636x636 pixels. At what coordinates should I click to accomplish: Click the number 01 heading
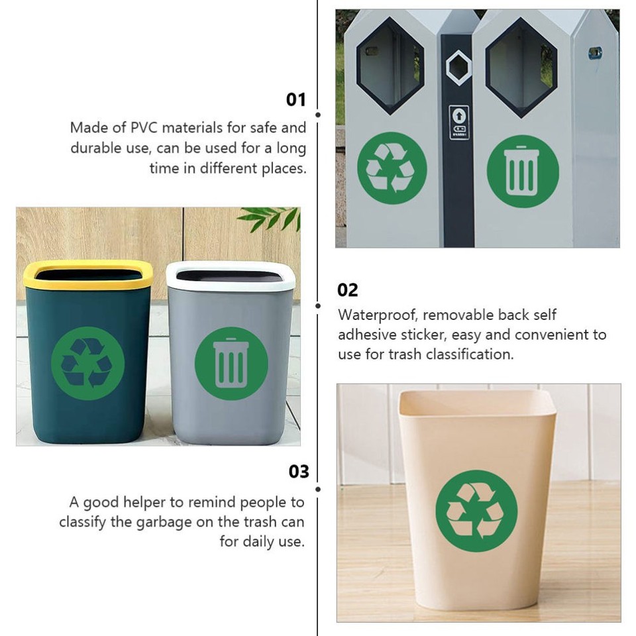point(296,100)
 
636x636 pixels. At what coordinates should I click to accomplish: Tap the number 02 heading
point(348,290)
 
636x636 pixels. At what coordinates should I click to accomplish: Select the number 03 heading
point(299,472)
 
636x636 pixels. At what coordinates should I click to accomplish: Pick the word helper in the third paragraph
point(160,503)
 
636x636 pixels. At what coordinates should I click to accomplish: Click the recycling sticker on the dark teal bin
point(87,362)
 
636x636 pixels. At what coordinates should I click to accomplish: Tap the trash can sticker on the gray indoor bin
point(231,363)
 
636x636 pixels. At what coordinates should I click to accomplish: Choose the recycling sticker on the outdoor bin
point(392,168)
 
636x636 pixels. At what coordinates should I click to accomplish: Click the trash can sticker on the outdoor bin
point(523,171)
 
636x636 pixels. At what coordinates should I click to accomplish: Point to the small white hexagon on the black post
point(458,69)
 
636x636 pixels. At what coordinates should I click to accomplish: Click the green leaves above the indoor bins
point(272,218)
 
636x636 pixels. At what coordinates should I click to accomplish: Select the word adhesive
point(366,335)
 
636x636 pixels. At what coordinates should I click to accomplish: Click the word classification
point(469,354)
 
